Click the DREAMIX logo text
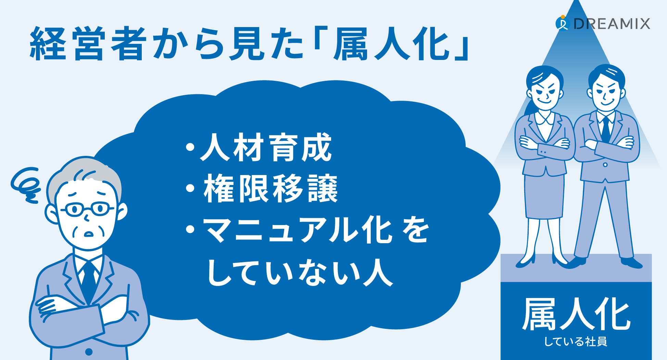(x=612, y=24)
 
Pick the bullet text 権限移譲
(x=271, y=188)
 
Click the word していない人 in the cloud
(x=300, y=273)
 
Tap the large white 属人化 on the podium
(x=576, y=314)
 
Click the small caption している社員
(x=576, y=342)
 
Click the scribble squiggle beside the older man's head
(x=26, y=185)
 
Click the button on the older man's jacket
(x=89, y=351)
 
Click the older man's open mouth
(x=89, y=234)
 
